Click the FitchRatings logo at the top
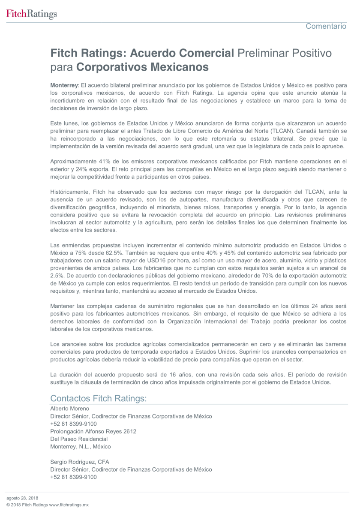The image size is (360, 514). pyautogui.click(x=31, y=15)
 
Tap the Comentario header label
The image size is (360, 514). pyautogui.click(x=326, y=26)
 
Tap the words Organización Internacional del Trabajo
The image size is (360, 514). pyautogui.click(x=244, y=322)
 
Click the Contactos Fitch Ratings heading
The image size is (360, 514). pyautogui.click(x=99, y=398)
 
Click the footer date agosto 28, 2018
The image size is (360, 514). pyautogui.click(x=22, y=498)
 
